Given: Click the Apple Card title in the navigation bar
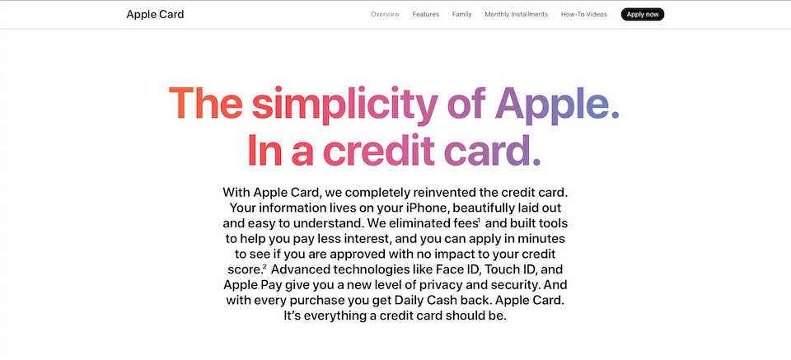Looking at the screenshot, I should [x=155, y=14].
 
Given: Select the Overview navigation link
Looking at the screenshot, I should [x=385, y=14].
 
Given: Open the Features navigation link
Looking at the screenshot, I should [x=426, y=14].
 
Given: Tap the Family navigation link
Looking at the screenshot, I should [x=461, y=14].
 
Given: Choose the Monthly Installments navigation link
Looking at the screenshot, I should [x=516, y=14].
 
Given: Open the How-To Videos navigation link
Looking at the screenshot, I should [x=584, y=14].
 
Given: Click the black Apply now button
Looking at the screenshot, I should [x=643, y=14].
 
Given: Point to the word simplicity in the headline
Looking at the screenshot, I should [x=344, y=105].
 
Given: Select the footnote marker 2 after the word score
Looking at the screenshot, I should [x=264, y=265].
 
